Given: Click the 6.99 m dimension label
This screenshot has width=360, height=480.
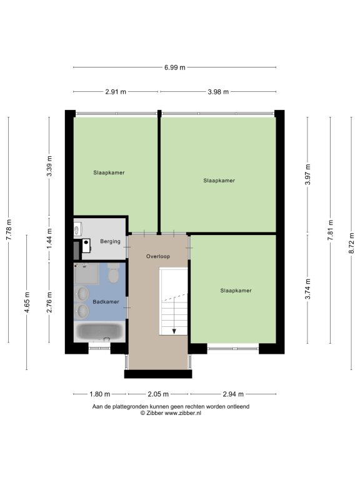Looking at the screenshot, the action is pyautogui.click(x=175, y=67).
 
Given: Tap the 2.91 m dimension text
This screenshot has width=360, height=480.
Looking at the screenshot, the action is pyautogui.click(x=116, y=92).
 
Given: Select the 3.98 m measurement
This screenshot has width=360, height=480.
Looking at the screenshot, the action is pyautogui.click(x=218, y=92).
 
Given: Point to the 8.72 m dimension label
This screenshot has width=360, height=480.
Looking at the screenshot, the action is pyautogui.click(x=351, y=243).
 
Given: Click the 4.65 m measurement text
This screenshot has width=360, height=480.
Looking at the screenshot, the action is pyautogui.click(x=27, y=302).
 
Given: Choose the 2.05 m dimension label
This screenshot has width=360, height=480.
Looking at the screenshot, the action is pyautogui.click(x=158, y=394).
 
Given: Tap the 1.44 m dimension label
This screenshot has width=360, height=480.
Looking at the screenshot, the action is pyautogui.click(x=49, y=238).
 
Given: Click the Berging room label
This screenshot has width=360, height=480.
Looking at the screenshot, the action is pyautogui.click(x=110, y=241).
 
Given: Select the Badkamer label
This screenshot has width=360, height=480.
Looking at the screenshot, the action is pyautogui.click(x=106, y=302).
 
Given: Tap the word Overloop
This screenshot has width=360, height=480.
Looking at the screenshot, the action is pyautogui.click(x=158, y=256).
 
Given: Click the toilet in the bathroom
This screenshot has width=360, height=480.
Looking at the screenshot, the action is pyautogui.click(x=114, y=273).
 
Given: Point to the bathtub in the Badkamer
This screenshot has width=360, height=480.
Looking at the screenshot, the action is pyautogui.click(x=99, y=332).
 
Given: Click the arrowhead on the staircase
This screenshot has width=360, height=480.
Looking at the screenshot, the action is pyautogui.click(x=174, y=331).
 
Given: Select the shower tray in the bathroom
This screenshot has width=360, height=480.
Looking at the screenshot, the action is pyautogui.click(x=87, y=273).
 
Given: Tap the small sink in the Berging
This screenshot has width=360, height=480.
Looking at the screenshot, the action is pyautogui.click(x=77, y=229).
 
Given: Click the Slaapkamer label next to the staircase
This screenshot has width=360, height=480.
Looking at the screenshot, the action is pyautogui.click(x=236, y=291).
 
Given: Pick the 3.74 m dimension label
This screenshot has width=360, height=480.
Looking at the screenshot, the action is pyautogui.click(x=307, y=289).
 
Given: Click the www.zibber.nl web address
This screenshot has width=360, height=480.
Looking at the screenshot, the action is pyautogui.click(x=182, y=413).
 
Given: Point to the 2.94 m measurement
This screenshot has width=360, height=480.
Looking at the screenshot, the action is pyautogui.click(x=233, y=394).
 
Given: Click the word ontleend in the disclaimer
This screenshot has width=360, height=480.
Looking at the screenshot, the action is pyautogui.click(x=239, y=407).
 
